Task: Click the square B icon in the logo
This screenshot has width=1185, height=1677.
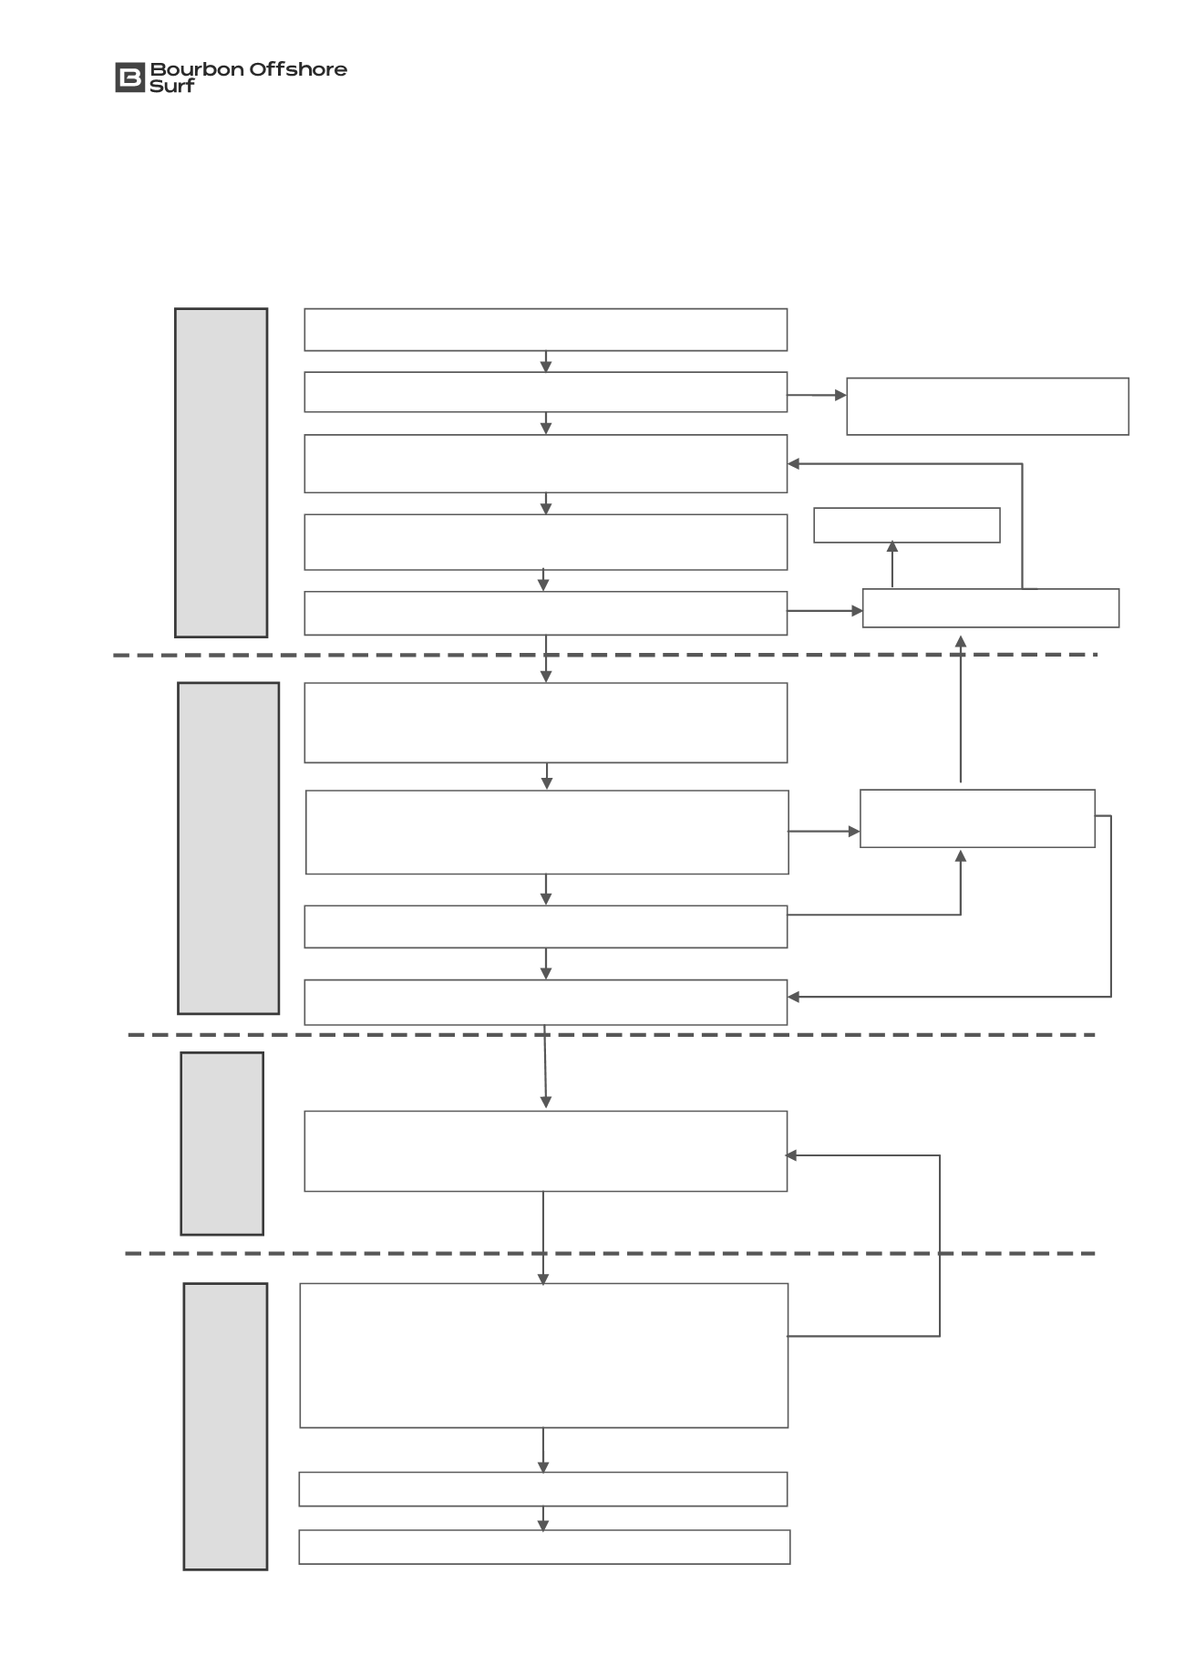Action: (129, 78)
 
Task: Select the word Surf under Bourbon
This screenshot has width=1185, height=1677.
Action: (172, 87)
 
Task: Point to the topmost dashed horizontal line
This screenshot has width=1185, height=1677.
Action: (605, 655)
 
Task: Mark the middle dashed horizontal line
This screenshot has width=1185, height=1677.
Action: (611, 1035)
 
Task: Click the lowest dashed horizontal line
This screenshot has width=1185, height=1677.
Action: (610, 1254)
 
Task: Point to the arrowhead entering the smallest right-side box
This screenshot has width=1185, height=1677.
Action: (892, 547)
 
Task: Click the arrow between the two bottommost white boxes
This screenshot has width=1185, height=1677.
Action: (543, 1518)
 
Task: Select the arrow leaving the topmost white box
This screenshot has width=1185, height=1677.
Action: (546, 361)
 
